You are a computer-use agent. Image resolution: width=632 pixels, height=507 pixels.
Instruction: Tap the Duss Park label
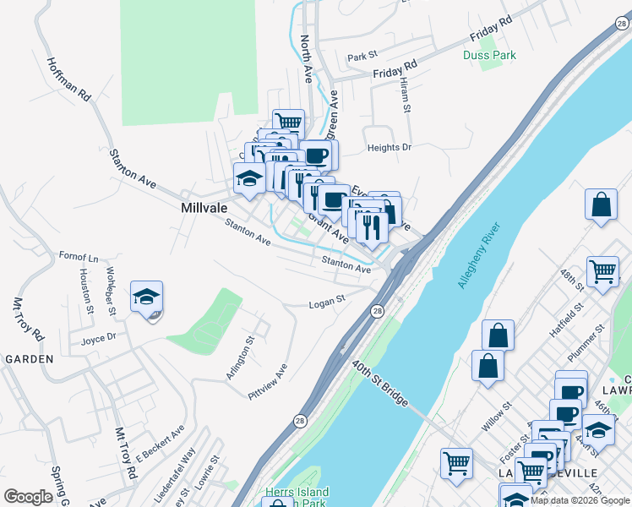tap(489, 55)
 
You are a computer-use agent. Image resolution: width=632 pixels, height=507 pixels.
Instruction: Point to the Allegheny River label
tap(479, 255)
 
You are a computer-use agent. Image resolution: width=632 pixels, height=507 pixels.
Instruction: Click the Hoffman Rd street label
tap(69, 80)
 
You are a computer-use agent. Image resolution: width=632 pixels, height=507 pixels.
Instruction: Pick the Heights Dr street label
tap(389, 147)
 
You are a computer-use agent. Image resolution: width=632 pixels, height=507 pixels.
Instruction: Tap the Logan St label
tap(327, 301)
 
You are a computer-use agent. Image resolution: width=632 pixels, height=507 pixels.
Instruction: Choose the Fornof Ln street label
tap(78, 257)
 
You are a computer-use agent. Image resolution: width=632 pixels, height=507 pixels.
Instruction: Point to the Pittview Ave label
tap(268, 381)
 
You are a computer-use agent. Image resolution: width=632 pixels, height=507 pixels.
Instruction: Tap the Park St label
tap(362, 57)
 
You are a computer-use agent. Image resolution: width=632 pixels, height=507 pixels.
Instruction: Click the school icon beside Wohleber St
tap(146, 298)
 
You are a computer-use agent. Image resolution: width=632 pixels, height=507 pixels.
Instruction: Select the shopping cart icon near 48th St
tap(602, 272)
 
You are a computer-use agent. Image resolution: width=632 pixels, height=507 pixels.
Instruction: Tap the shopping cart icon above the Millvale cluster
tap(288, 123)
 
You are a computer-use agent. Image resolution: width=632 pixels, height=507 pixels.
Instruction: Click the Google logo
tap(29, 497)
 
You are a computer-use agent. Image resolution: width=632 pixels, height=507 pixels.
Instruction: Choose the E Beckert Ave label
tap(161, 444)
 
